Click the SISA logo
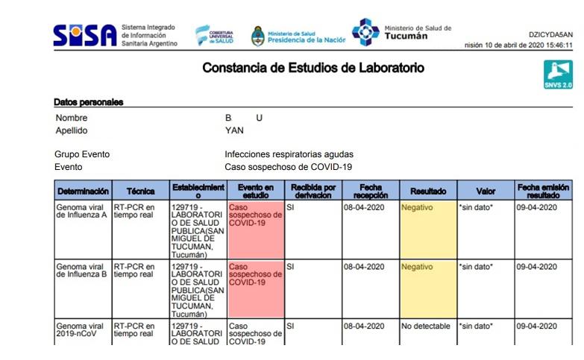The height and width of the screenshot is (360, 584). (85, 35)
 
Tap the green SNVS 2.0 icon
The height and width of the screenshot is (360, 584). (558, 75)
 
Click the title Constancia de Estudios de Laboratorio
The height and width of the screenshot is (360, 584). (313, 69)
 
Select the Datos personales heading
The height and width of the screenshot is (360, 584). (88, 102)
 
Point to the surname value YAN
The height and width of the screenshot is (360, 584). (234, 130)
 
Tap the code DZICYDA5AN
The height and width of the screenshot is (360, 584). (550, 34)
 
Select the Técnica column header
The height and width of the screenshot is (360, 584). (140, 192)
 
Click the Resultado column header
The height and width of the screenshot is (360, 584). (428, 192)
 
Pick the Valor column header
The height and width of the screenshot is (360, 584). (486, 192)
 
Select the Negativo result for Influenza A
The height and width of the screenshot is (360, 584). (417, 207)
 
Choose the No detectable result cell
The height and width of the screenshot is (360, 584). (426, 326)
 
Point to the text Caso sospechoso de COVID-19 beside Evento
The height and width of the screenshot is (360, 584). (288, 167)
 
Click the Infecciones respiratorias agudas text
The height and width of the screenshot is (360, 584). (289, 154)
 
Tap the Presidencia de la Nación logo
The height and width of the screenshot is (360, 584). (298, 35)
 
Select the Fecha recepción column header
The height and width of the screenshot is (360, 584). (370, 191)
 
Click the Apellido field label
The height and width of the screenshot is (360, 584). (72, 130)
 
